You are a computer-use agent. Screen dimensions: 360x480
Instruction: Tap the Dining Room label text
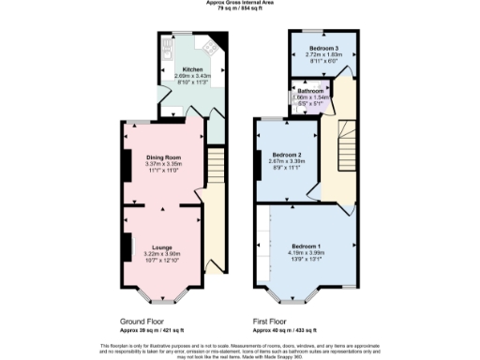[x=162, y=157]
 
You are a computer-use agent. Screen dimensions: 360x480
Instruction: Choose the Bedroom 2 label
[x=285, y=154]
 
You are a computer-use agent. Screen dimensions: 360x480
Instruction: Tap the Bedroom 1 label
[x=299, y=245]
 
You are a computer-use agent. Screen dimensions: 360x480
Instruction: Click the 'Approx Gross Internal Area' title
[x=239, y=3]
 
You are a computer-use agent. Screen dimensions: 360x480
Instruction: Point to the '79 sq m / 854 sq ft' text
[x=239, y=8]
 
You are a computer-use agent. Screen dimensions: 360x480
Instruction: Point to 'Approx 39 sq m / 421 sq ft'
[x=152, y=328]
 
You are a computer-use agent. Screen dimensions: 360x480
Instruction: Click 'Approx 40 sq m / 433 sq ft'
[x=286, y=328]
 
